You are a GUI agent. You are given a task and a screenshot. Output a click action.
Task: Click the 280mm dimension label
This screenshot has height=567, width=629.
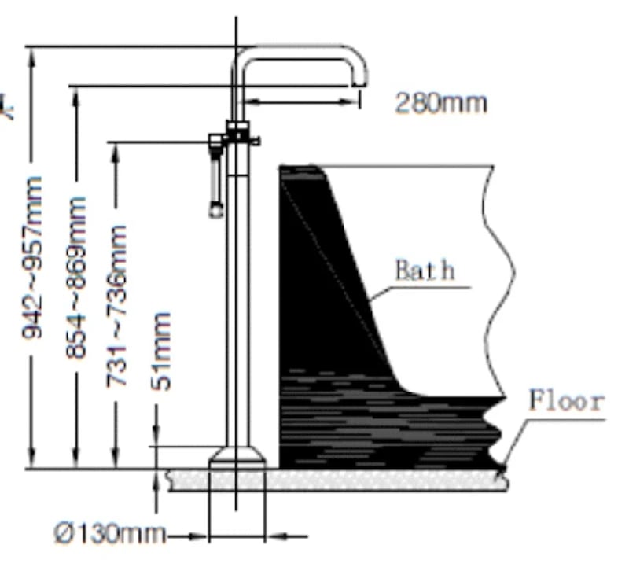tap(440, 103)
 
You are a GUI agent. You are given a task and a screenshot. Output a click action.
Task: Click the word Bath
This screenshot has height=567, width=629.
tap(425, 271)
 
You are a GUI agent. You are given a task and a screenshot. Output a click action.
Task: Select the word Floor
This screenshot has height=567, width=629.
tap(566, 400)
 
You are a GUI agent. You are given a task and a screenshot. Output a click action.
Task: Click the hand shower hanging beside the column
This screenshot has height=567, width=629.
tap(215, 181)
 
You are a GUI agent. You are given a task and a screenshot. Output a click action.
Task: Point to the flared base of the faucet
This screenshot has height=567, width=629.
tap(236, 457)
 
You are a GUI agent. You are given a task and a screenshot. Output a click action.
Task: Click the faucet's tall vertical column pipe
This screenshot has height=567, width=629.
tap(237, 315)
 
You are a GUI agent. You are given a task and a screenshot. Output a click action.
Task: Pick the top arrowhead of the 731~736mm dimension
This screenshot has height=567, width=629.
tap(116, 150)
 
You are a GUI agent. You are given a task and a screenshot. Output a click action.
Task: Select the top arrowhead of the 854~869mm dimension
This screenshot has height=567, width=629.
tap(75, 94)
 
